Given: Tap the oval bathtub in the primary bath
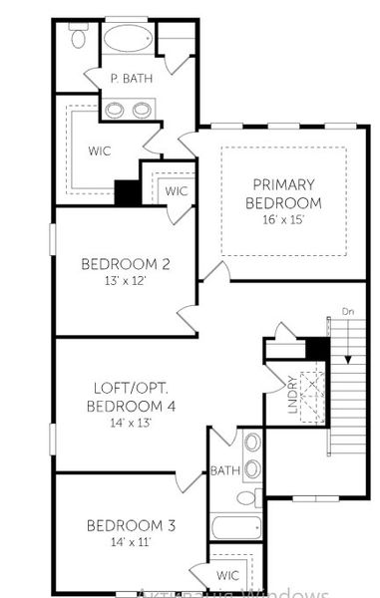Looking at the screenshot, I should tap(127, 40).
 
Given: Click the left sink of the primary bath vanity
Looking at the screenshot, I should tap(116, 109).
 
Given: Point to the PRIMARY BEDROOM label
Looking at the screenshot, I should tap(283, 192).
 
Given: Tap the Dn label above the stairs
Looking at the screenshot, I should tap(347, 311).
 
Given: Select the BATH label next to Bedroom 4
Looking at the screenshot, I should tap(222, 469).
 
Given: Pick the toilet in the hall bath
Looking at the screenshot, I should tap(245, 496).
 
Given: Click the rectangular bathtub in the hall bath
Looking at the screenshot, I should tap(236, 526).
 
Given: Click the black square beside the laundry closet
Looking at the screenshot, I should tap(316, 348).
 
